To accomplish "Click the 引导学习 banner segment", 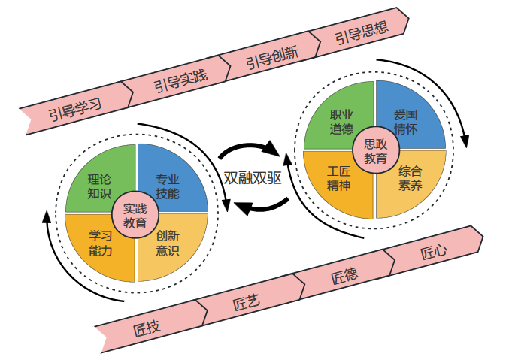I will (x=75, y=110).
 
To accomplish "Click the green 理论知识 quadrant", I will (x=98, y=186).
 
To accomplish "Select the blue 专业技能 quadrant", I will (x=170, y=184).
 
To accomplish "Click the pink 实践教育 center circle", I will (x=135, y=215).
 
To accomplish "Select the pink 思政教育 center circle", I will (x=375, y=150).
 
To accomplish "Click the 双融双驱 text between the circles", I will (x=254, y=178).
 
